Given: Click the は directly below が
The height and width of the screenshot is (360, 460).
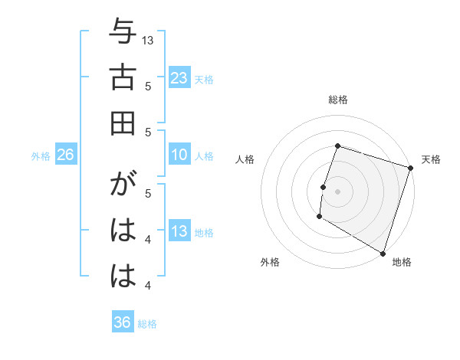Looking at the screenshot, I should tap(123, 231).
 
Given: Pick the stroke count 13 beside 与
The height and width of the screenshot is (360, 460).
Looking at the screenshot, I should tap(149, 39).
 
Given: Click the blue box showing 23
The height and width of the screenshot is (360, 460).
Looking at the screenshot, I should tap(179, 78).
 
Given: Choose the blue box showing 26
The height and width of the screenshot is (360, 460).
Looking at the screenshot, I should tap(65, 155).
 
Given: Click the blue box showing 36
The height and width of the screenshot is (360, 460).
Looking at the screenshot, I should tap(123, 322).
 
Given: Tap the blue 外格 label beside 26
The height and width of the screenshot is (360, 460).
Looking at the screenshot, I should tap(41, 156).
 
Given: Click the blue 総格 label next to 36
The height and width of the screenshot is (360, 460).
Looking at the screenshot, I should tap(147, 323).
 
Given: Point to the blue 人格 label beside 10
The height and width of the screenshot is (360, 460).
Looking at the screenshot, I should tap(204, 156).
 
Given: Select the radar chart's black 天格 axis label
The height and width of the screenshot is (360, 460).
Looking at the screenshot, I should tap(431, 159).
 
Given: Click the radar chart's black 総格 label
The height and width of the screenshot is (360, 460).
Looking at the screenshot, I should tap(338, 100).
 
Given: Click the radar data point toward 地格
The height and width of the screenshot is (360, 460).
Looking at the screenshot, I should tap(382, 252).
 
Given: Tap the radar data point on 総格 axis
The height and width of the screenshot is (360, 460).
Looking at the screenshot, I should tap(337, 146).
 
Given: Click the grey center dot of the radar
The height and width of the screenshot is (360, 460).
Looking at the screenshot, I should tap(337, 191).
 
